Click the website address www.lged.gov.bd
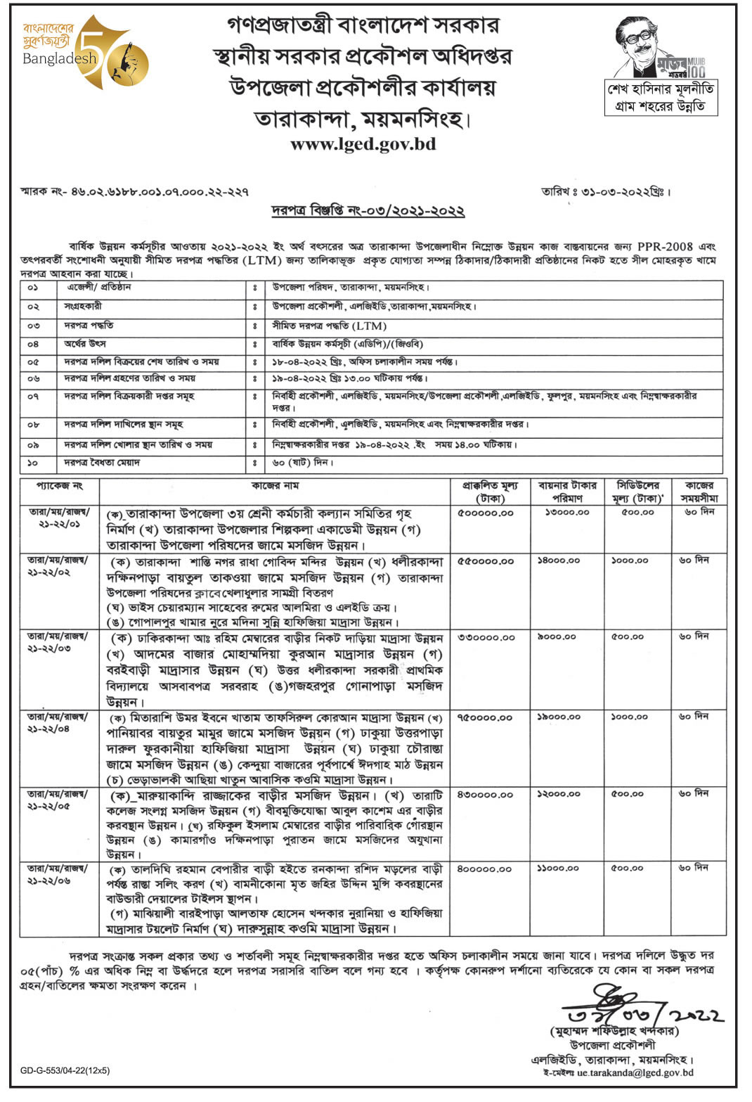click(x=363, y=144)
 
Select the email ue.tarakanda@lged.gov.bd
click(x=635, y=1072)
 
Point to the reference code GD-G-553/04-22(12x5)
click(x=65, y=1070)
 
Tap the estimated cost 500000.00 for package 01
click(x=486, y=513)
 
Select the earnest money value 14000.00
click(x=558, y=560)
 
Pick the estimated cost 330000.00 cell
click(x=486, y=637)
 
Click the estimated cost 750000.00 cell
click(x=486, y=717)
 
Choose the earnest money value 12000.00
click(x=558, y=794)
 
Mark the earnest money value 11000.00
click(x=558, y=869)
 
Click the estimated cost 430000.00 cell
click(x=486, y=794)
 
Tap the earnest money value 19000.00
click(x=558, y=717)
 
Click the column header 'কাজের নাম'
click(x=275, y=486)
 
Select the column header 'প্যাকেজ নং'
click(x=60, y=486)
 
